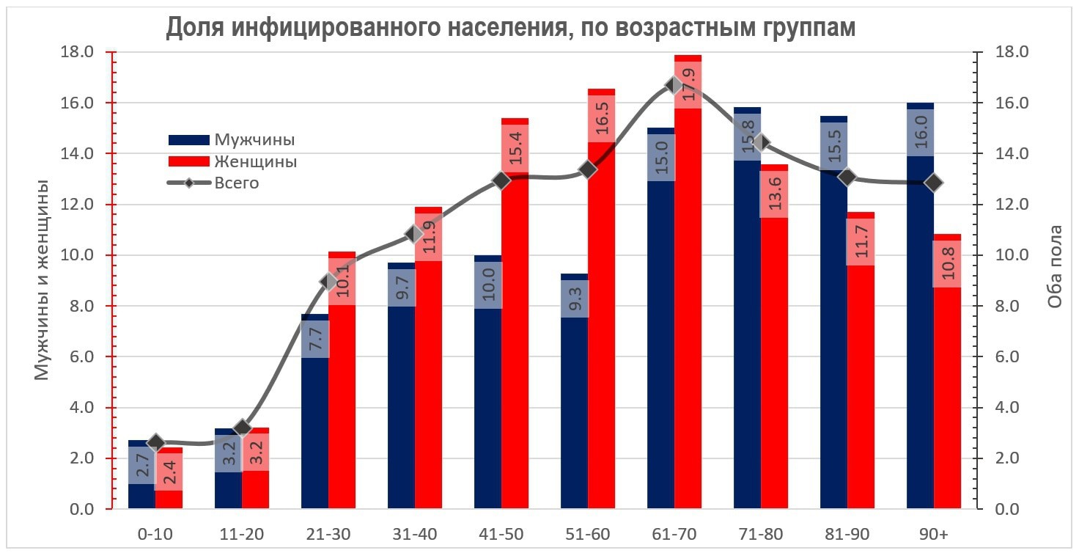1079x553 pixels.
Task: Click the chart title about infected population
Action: (x=511, y=27)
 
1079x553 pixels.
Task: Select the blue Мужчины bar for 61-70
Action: (x=661, y=367)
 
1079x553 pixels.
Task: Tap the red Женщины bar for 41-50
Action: (x=515, y=367)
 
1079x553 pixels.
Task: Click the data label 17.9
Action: (x=688, y=85)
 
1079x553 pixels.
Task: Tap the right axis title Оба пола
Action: (x=1054, y=280)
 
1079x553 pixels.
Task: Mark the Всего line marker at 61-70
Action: (x=674, y=85)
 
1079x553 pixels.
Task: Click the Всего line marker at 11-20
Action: (x=243, y=428)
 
